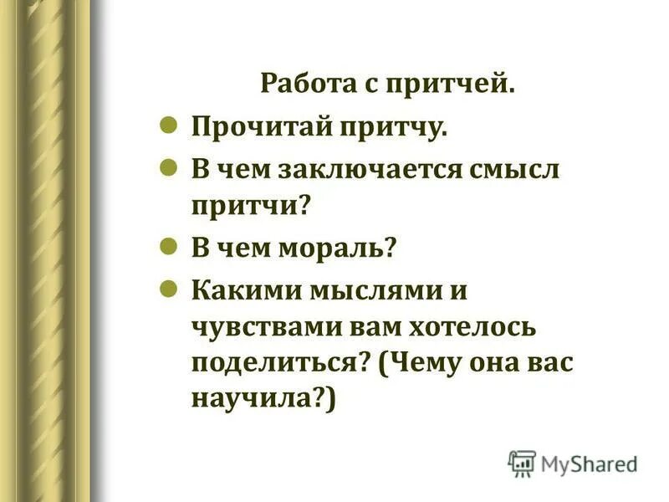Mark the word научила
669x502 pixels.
259,401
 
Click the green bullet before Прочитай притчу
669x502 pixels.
167,125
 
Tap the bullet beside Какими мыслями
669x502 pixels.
167,289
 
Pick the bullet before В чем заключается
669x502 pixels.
167,166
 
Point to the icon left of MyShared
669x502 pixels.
522,464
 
